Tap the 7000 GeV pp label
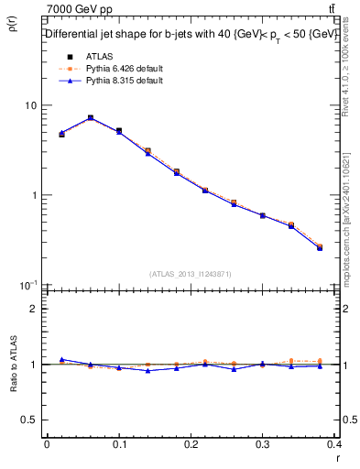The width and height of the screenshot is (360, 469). pyautogui.click(x=79, y=9)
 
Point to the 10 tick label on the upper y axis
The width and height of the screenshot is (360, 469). pyautogui.click(x=30, y=105)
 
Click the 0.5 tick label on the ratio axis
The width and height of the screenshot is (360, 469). pyautogui.click(x=29, y=420)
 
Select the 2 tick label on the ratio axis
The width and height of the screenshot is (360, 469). pyautogui.click(x=34, y=309)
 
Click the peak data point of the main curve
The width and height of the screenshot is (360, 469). pyautogui.click(x=90, y=118)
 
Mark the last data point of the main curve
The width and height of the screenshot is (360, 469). pyautogui.click(x=320, y=247)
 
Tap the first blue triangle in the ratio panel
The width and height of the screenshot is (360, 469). pyautogui.click(x=61, y=359)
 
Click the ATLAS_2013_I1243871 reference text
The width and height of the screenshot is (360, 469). pyautogui.click(x=191, y=274)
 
